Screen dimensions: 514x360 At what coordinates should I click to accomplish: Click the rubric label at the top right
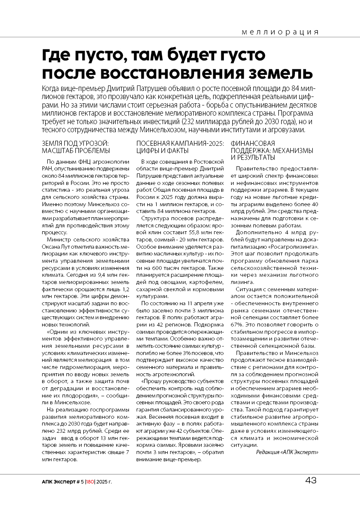280,32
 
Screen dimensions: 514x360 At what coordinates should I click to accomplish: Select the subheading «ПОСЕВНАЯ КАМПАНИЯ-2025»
180,144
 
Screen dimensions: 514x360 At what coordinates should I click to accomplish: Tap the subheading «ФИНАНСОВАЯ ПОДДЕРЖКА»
253,147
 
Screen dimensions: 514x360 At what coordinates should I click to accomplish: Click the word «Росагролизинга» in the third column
298,247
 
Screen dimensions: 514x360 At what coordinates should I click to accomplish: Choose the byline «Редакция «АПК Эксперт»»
287,452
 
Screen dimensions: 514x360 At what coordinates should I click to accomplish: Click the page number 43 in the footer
311,480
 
